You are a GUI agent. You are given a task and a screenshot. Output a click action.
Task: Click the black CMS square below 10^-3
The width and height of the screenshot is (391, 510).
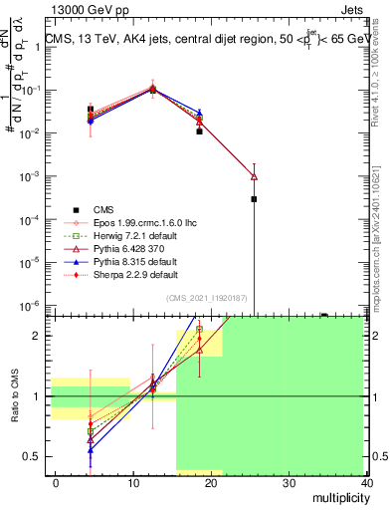254,199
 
